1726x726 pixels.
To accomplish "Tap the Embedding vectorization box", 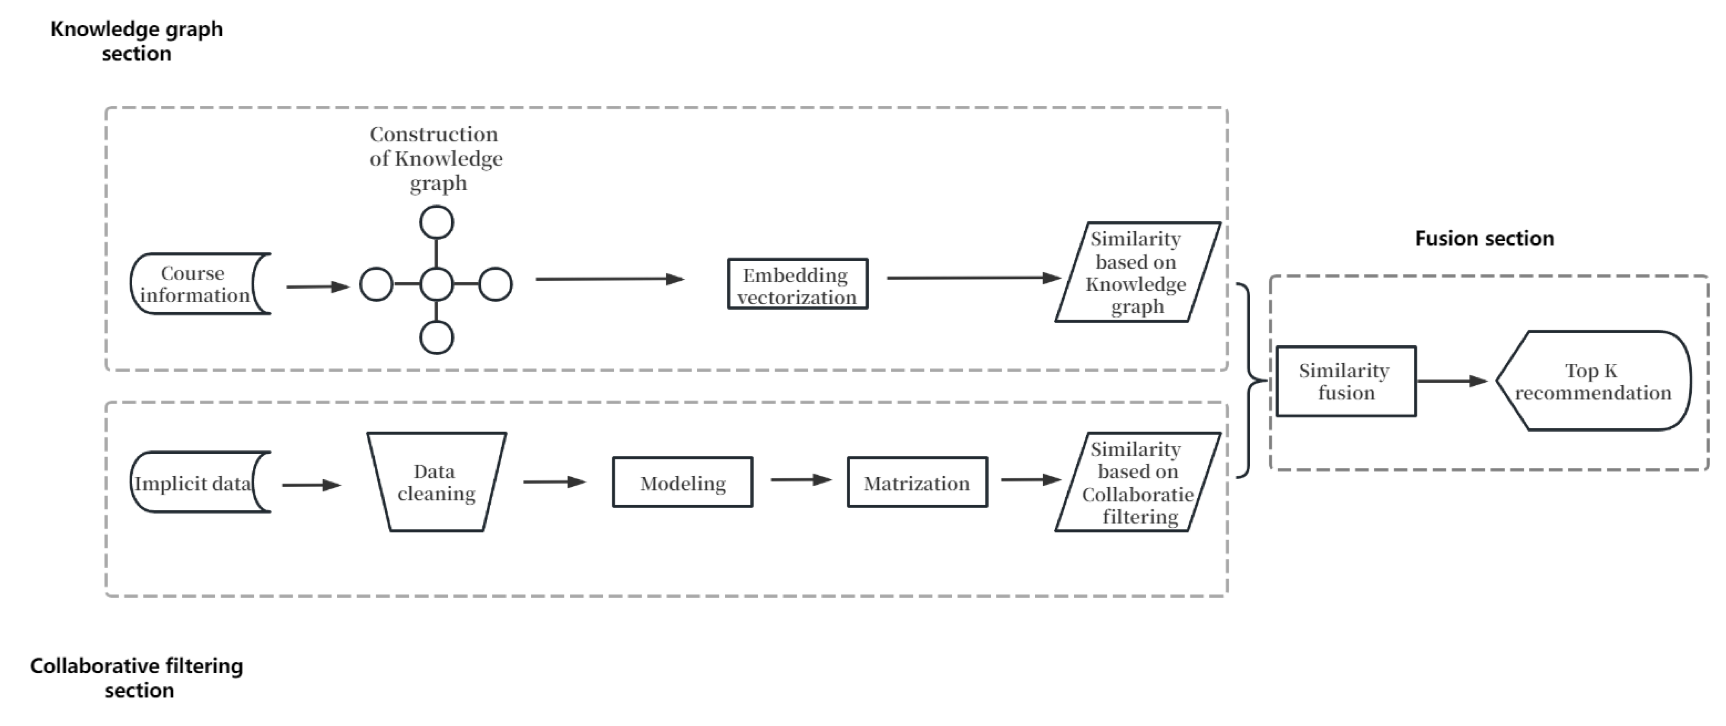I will [x=798, y=284].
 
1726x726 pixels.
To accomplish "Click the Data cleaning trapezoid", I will [x=436, y=482].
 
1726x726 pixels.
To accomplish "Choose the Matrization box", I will [x=917, y=482].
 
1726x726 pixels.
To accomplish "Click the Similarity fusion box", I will [x=1346, y=381].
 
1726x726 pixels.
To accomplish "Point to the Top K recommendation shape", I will [x=1593, y=381].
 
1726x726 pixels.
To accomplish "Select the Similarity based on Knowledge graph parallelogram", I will [x=1137, y=272].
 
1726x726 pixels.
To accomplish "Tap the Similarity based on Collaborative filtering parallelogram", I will [x=1137, y=482].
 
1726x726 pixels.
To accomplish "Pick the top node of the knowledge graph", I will [x=436, y=223].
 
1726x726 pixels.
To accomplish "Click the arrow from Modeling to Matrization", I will [x=801, y=480].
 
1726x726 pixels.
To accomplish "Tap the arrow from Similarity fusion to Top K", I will [x=1452, y=381].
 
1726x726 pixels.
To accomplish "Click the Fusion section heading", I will [x=1484, y=239].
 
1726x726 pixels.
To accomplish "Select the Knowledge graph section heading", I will [x=137, y=41].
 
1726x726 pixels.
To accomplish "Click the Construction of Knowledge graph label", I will [x=436, y=158].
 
